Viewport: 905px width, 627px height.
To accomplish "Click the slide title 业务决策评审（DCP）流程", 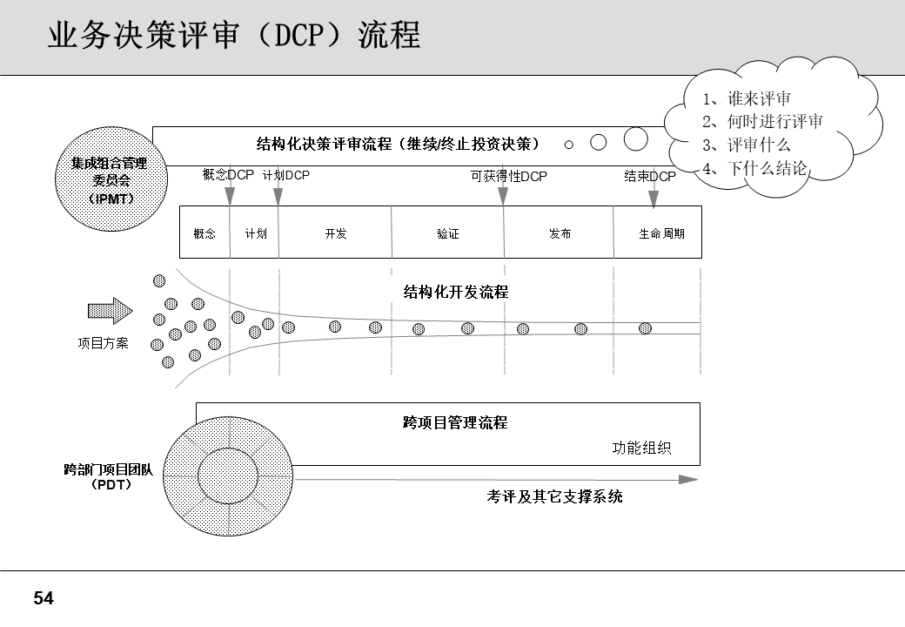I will tap(233, 36).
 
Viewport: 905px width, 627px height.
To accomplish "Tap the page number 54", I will tap(44, 598).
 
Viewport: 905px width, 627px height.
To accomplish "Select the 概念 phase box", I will tap(204, 233).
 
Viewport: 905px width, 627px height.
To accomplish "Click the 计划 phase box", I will tap(255, 233).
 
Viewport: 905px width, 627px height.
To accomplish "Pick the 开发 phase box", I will tap(336, 233).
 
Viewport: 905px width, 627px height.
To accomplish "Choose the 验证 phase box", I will tap(448, 233).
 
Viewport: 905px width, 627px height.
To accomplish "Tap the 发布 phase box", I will tap(560, 233).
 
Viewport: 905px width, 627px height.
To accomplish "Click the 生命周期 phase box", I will tap(661, 233).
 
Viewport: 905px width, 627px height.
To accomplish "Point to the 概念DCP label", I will tap(228, 175).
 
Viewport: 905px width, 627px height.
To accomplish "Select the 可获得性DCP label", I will tap(508, 176).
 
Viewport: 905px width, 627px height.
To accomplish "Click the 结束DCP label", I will tap(649, 176).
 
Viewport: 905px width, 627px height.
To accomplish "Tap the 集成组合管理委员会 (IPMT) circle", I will tap(109, 180).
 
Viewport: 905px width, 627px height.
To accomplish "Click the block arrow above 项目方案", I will tap(110, 311).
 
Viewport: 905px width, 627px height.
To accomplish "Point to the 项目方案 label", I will tap(104, 343).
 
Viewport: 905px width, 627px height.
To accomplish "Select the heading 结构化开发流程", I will tap(455, 292).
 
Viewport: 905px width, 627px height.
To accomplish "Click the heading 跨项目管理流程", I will tap(455, 423).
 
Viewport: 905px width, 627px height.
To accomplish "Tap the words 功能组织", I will tap(641, 448).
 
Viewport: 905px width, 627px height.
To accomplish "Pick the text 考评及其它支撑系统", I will tap(554, 497).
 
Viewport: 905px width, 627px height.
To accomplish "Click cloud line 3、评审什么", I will tap(746, 145).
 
